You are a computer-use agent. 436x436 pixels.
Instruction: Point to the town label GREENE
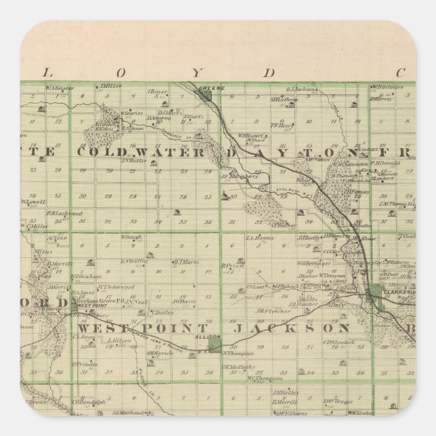click(206, 88)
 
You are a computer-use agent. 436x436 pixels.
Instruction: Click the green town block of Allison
click(214, 345)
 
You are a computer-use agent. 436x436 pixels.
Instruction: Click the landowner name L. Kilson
click(119, 340)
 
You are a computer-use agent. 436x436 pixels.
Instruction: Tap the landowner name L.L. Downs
click(259, 238)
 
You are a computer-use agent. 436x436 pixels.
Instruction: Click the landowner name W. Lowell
click(32, 202)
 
